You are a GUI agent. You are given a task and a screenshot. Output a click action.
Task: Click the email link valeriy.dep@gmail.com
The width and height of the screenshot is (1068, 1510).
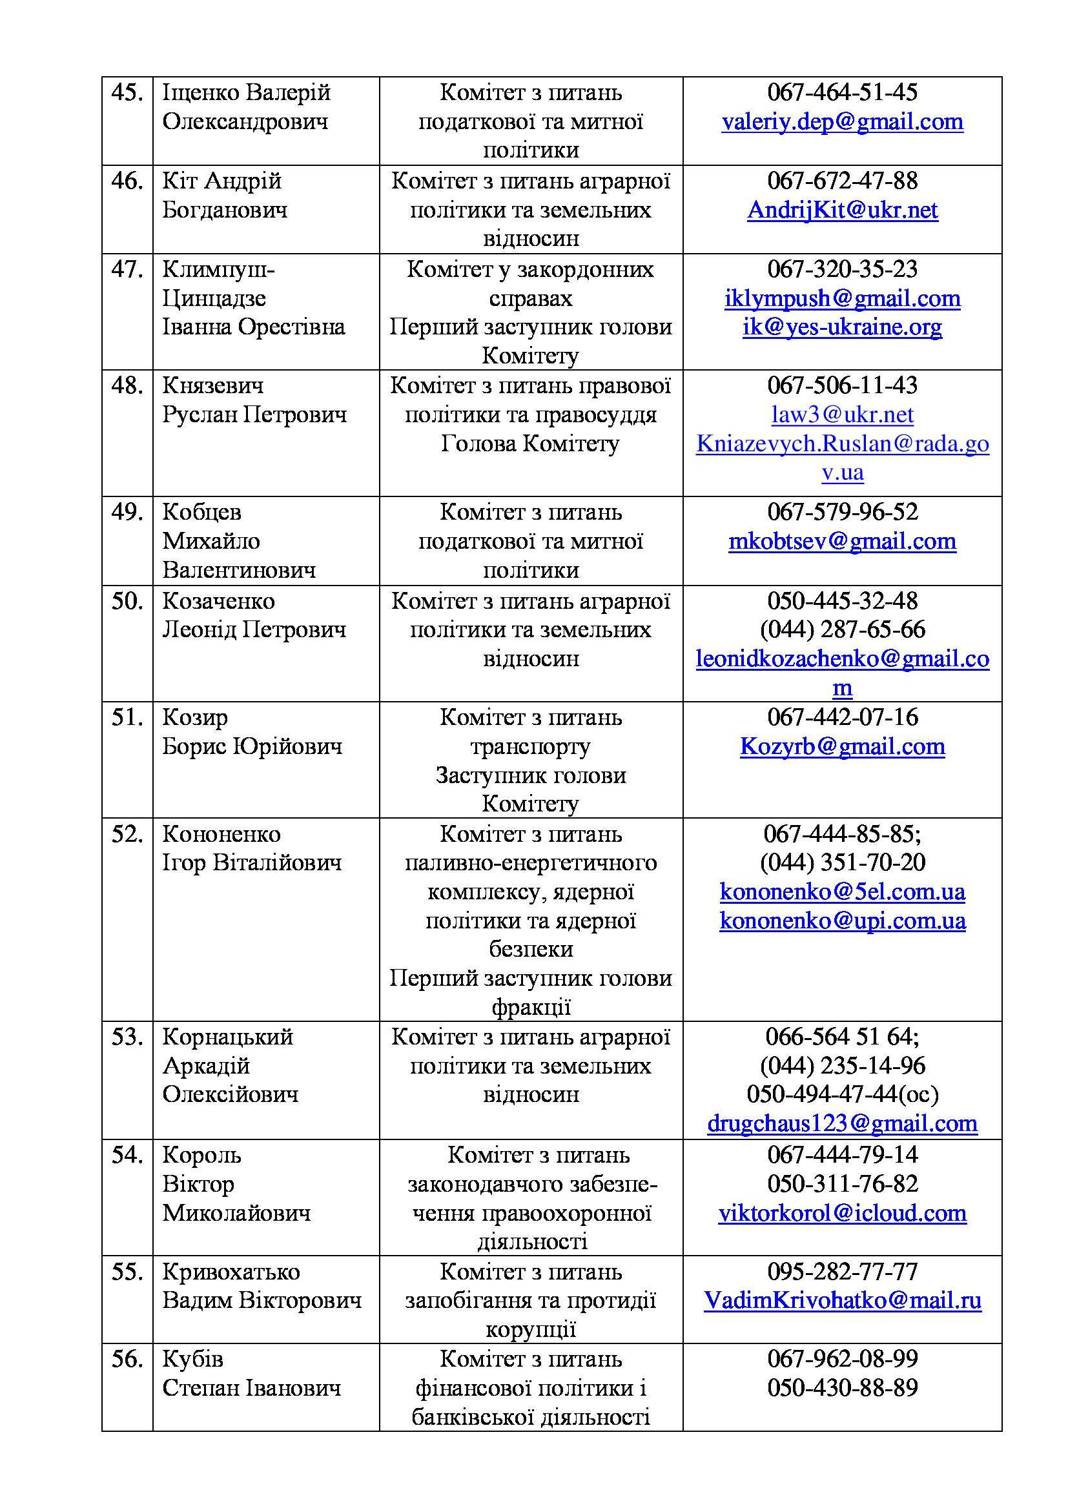(x=842, y=121)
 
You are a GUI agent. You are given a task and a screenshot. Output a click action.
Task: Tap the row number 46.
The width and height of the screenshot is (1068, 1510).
(x=127, y=181)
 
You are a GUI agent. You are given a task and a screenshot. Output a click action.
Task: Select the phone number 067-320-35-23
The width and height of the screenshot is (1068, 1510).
(x=842, y=269)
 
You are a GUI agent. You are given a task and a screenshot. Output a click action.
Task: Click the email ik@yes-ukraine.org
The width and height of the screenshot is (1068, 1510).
(x=842, y=327)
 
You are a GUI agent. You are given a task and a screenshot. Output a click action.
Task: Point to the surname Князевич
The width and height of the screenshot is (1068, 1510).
(x=212, y=385)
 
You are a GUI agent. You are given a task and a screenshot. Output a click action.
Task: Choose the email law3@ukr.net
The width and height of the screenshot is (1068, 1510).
(x=842, y=414)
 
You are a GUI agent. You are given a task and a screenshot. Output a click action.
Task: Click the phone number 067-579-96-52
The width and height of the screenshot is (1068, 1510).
(x=842, y=512)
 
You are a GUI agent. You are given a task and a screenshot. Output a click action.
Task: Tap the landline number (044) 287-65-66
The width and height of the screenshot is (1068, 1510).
(x=842, y=629)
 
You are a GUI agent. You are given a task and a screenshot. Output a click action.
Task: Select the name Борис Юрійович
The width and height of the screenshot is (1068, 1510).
(x=252, y=746)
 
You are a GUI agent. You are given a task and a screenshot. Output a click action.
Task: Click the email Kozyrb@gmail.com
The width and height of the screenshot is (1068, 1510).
(x=842, y=746)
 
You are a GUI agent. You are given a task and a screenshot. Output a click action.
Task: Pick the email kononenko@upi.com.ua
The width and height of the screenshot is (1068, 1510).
(x=842, y=920)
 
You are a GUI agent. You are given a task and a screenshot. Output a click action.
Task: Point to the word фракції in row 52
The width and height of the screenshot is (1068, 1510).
(x=530, y=1007)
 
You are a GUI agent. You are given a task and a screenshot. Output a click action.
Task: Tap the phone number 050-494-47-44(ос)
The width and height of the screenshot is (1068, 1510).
(x=842, y=1094)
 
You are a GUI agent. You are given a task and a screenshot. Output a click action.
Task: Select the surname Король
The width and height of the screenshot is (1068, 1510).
(x=201, y=1155)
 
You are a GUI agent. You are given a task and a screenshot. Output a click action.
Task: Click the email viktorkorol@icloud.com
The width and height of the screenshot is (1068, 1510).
(x=842, y=1213)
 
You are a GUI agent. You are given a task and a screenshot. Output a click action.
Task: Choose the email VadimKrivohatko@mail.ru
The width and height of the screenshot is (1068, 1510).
(x=842, y=1300)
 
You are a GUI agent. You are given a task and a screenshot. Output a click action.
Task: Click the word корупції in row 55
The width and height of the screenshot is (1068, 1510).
(x=530, y=1329)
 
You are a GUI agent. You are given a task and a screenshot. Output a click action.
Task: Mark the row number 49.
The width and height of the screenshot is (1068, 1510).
(x=127, y=512)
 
